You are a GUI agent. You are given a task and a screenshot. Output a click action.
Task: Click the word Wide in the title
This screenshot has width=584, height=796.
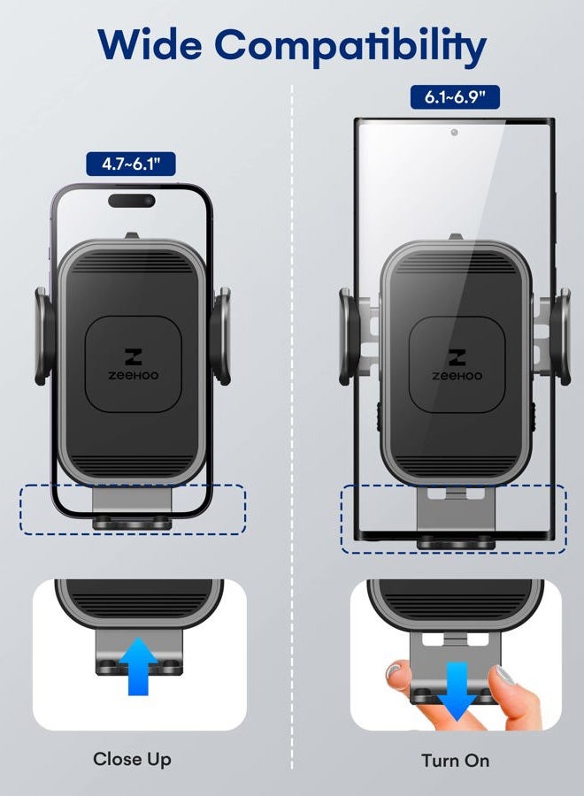tap(150, 44)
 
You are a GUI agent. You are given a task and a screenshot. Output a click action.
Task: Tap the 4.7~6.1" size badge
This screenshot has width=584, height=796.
tap(131, 164)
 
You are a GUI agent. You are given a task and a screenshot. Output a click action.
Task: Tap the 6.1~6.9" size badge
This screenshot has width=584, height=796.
tap(455, 97)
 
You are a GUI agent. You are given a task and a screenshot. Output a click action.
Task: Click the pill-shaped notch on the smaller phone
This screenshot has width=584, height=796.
tap(132, 201)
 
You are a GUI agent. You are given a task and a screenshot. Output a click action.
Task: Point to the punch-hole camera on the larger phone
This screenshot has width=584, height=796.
tap(454, 133)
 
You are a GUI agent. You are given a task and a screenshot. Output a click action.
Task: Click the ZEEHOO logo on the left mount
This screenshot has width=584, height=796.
tap(133, 364)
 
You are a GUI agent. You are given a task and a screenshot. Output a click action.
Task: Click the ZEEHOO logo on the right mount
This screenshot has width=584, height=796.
tap(457, 364)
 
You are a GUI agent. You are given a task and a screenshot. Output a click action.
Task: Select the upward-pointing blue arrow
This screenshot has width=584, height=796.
tap(139, 666)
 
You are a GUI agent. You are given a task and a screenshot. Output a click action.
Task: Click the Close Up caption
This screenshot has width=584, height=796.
tap(132, 760)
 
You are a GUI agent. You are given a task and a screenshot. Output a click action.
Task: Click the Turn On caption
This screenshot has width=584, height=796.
tap(455, 761)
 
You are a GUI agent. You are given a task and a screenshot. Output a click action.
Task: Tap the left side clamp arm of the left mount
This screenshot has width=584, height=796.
tap(45, 336)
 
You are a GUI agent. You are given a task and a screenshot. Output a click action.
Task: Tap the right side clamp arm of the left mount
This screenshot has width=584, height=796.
tap(221, 336)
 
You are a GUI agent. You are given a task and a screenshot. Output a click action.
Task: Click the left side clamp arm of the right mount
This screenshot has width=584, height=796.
tap(350, 336)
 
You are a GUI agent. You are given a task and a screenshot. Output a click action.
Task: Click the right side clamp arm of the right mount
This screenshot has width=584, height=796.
tap(560, 336)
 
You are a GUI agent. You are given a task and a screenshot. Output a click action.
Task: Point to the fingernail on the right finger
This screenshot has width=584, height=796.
tap(503, 675)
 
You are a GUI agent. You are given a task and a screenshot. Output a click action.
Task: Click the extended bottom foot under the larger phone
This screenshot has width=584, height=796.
tap(456, 519)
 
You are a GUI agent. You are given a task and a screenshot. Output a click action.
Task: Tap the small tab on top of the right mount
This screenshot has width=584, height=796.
tap(455, 236)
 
